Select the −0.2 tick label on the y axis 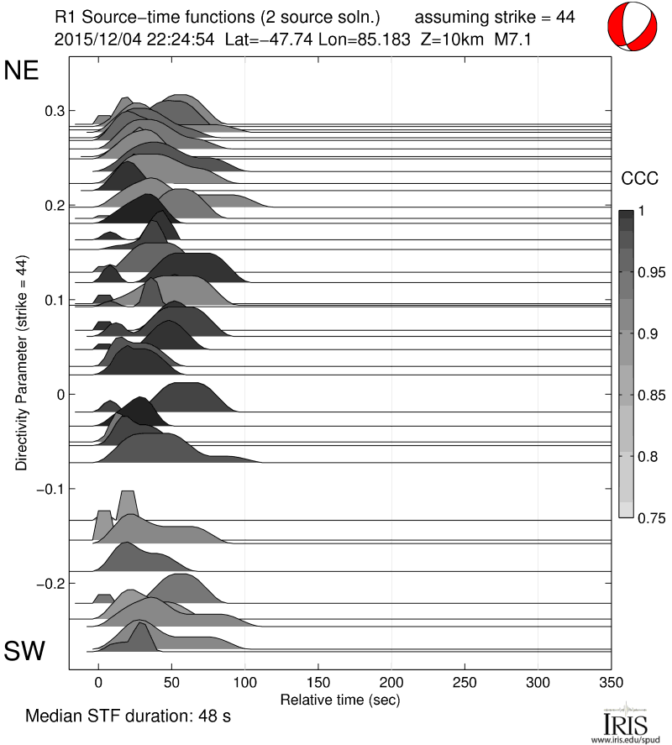52,583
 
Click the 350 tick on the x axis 611,682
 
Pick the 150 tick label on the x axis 318,682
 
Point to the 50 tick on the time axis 171,682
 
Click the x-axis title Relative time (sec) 339,699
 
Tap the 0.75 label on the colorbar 641,518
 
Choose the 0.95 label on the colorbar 641,273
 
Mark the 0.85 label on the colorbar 641,396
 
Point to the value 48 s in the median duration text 213,717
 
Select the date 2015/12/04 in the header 92,39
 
